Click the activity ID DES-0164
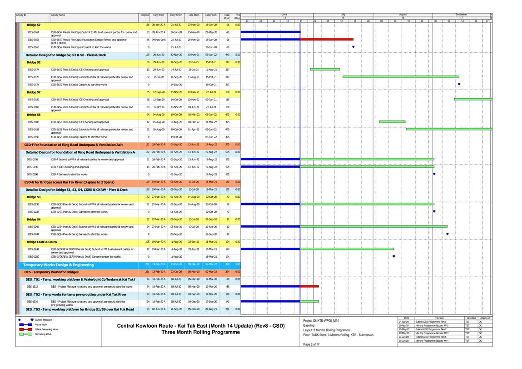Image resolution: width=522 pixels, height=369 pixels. coord(34,32)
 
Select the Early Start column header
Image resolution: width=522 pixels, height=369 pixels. coord(159,15)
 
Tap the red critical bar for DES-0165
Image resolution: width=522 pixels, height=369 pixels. coord(320,40)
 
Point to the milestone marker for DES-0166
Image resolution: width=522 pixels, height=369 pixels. coord(353,46)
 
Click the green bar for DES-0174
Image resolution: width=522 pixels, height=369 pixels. coord(325,70)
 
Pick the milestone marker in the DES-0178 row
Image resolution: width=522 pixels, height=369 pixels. coord(459,84)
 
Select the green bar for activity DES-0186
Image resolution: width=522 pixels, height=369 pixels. coord(392,122)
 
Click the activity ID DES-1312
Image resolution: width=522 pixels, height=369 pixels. coord(32,287)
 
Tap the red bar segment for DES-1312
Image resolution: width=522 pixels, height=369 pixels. coord(309,286)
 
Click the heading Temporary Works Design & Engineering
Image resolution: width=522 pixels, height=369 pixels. coord(59,264)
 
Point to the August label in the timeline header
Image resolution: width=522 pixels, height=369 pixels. coord(403,15)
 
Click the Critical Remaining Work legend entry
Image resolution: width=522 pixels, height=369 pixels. coord(46,329)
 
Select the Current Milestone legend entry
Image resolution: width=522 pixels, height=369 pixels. coord(43,320)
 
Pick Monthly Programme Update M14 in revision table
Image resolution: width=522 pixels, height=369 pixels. coord(430,341)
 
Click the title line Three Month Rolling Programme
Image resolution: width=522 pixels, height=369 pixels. coord(200,332)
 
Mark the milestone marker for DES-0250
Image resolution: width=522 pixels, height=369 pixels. coord(393,256)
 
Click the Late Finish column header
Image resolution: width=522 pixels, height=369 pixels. coord(211,15)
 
